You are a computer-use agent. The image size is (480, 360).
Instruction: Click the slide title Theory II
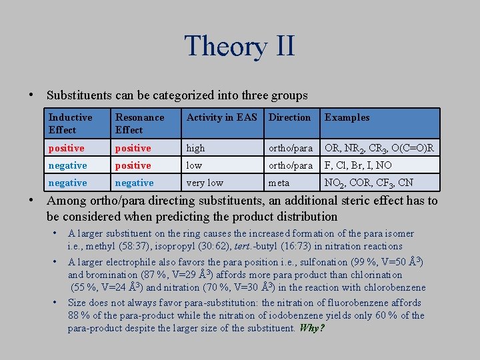pos(239,47)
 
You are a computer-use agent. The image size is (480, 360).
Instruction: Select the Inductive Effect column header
pos(71,123)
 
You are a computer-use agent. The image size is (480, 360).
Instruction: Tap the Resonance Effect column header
pos(139,123)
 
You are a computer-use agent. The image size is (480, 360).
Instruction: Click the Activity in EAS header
pos(221,117)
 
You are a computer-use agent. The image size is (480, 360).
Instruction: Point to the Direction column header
pos(289,117)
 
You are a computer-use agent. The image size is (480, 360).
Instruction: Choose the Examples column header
pos(347,117)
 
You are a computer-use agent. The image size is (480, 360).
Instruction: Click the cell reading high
pos(196,148)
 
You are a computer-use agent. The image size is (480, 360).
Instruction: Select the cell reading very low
pos(205,183)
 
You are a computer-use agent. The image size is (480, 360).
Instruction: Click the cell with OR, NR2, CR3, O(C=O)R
pos(379,148)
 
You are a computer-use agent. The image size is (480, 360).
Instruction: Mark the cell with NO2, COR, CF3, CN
pos(369,183)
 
